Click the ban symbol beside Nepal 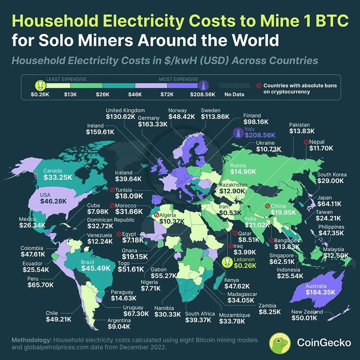pyautogui.click(x=306, y=142)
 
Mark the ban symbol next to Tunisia pyautogui.click(x=111, y=189)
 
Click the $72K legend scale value pyautogui.click(x=167, y=95)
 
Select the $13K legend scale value pyautogui.click(x=70, y=95)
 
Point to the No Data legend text pyautogui.click(x=234, y=95)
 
